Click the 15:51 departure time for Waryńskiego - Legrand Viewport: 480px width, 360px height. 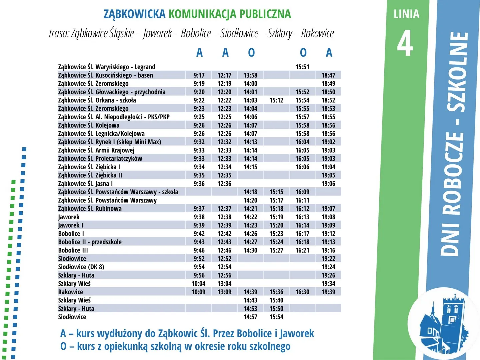pyautogui.click(x=302, y=67)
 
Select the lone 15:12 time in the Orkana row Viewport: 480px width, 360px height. pyautogui.click(x=276, y=100)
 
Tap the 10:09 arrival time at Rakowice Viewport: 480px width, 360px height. pyautogui.click(x=198, y=292)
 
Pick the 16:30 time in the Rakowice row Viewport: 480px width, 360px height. pyautogui.click(x=302, y=292)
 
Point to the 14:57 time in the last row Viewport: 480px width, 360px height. pyautogui.click(x=250, y=317)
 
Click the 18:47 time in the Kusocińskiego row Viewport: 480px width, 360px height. pyautogui.click(x=328, y=75)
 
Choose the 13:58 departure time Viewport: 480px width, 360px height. pyautogui.click(x=250, y=75)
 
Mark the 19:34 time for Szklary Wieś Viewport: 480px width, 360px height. pyautogui.click(x=328, y=284)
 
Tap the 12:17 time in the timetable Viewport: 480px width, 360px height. pyautogui.click(x=224, y=75)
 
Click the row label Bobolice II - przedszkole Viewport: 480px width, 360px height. pyautogui.click(x=90, y=242)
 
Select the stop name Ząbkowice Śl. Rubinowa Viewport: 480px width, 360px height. pyautogui.click(x=90, y=209)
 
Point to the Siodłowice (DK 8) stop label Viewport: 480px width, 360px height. pyautogui.click(x=81, y=267)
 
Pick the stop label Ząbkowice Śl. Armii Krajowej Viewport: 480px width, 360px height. pyautogui.click(x=96, y=150)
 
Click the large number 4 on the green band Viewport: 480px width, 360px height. pyautogui.click(x=405, y=44)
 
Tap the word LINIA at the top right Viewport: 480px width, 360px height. pyautogui.click(x=406, y=14)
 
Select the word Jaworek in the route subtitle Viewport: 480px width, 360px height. pyautogui.click(x=157, y=33)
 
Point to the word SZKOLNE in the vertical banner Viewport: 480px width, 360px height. pyautogui.click(x=456, y=72)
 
